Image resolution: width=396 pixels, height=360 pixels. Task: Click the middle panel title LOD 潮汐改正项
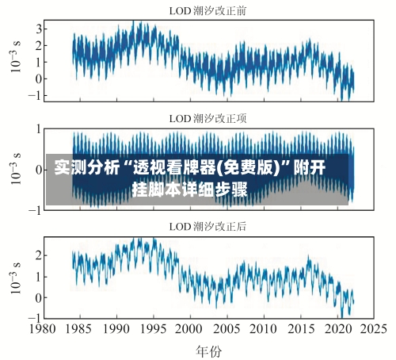208,118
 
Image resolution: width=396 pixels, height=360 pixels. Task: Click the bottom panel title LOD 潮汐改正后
208,226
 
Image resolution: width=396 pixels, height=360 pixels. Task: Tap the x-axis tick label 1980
44,328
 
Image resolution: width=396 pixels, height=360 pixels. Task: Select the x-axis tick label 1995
154,328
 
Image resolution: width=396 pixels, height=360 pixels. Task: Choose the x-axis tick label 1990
117,328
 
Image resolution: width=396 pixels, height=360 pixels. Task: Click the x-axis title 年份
208,349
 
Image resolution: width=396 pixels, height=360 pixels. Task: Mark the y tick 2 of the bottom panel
36,255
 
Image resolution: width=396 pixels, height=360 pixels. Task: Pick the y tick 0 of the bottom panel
36,297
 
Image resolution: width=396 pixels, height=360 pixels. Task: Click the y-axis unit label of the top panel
15,60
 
